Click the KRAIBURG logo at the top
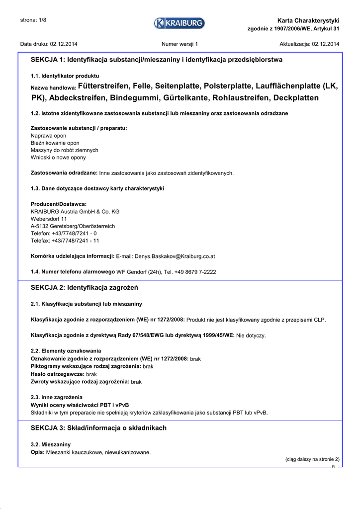pyautogui.click(x=179, y=23)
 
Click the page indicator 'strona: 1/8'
pyautogui.click(x=33, y=20)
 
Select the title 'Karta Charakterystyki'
pyautogui.click(x=308, y=20)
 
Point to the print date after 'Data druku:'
pyautogui.click(x=64, y=44)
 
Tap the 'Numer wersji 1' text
pyautogui.click(x=180, y=44)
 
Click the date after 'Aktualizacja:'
pyautogui.click(x=326, y=44)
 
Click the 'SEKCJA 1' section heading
pyautogui.click(x=157, y=60)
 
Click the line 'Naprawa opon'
pyautogui.click(x=48, y=136)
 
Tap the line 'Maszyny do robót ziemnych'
pyautogui.click(x=64, y=150)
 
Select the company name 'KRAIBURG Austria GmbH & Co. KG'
pyautogui.click(x=75, y=212)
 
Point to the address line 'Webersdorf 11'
pyautogui.click(x=49, y=219)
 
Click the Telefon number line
pyautogui.click(x=64, y=233)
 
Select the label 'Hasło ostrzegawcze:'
pyautogui.click(x=58, y=374)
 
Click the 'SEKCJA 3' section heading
pyautogui.click(x=98, y=428)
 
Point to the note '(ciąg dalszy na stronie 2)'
pyautogui.click(x=312, y=459)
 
